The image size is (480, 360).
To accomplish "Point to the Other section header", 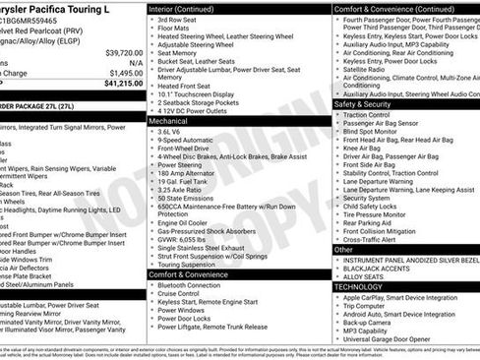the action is pos(343,250).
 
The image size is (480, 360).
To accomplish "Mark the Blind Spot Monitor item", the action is pos(371,131).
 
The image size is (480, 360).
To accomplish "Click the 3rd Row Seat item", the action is pos(176,19).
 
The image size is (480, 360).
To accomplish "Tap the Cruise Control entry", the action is pos(178,294).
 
